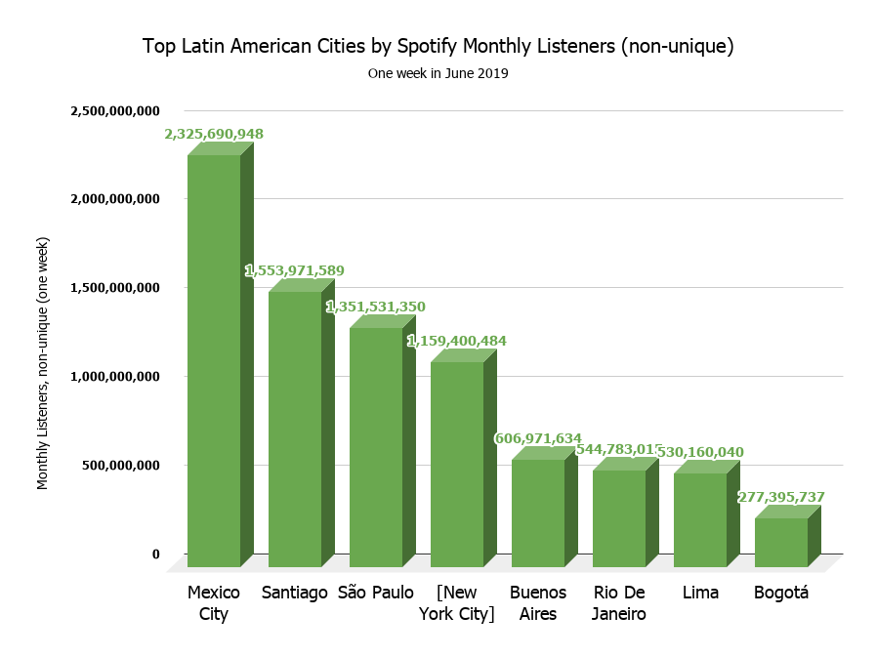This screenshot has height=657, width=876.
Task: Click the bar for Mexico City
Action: click(x=214, y=361)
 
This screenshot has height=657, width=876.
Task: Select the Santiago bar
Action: click(x=295, y=430)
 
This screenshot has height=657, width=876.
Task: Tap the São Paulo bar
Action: click(x=376, y=447)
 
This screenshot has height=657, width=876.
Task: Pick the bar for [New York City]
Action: click(x=457, y=465)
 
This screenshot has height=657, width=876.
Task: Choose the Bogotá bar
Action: click(x=781, y=543)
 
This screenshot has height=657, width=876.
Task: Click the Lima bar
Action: click(x=700, y=520)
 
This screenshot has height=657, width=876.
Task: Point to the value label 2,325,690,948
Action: click(x=214, y=134)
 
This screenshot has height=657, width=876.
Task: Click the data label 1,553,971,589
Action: click(x=295, y=270)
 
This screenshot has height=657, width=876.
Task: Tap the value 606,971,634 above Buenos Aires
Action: click(x=538, y=438)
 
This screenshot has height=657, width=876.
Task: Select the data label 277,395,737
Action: click(x=781, y=497)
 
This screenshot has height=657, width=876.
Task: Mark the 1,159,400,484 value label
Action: click(x=457, y=341)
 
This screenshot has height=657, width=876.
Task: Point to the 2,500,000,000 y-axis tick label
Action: click(x=115, y=110)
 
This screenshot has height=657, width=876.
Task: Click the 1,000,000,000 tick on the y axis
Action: click(x=115, y=377)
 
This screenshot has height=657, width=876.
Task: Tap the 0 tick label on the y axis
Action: click(x=155, y=554)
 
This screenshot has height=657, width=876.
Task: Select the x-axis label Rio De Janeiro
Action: click(x=619, y=603)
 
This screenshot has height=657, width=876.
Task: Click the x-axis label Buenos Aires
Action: click(x=538, y=603)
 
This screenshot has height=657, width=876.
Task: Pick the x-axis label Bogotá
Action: click(x=781, y=593)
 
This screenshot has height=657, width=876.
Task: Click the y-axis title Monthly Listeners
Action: click(x=43, y=362)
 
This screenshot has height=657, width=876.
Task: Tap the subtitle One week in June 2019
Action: click(x=438, y=73)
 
